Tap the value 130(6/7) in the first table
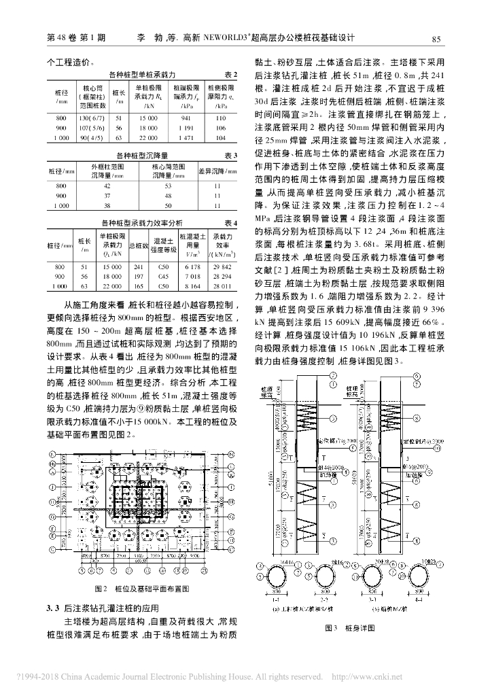pos(90,118)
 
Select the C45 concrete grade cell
pos(162,277)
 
